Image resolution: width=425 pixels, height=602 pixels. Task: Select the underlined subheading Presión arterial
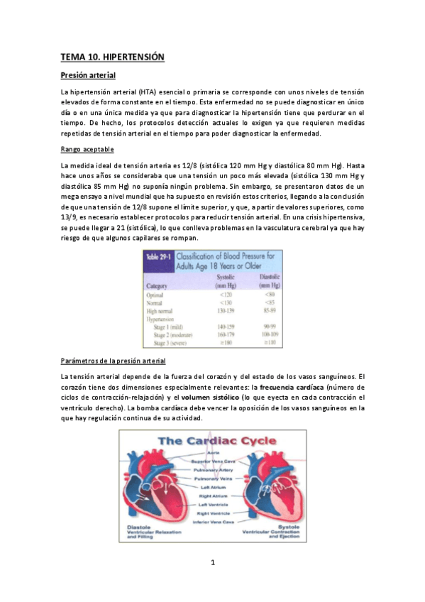coord(88,75)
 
